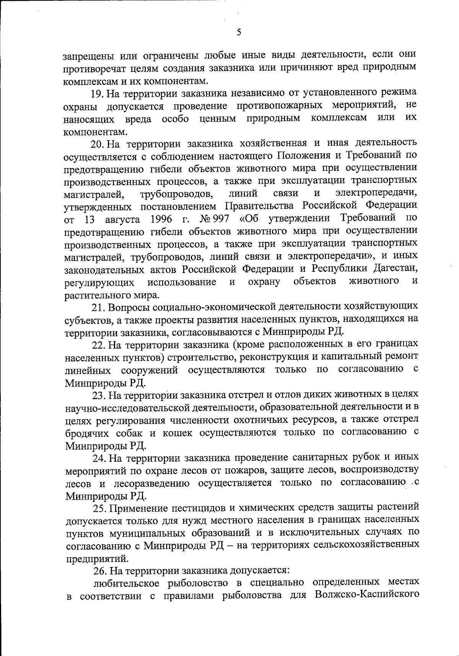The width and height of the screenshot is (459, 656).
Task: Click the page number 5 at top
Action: (x=239, y=32)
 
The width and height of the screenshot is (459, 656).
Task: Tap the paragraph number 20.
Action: (x=98, y=144)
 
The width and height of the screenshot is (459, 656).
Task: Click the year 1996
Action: (x=163, y=219)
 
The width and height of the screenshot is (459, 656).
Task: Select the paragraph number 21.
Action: (x=98, y=307)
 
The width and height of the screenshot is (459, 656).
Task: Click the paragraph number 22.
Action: (x=99, y=345)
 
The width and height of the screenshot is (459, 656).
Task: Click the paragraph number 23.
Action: (x=99, y=395)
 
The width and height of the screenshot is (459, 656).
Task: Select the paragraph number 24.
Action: (x=99, y=458)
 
